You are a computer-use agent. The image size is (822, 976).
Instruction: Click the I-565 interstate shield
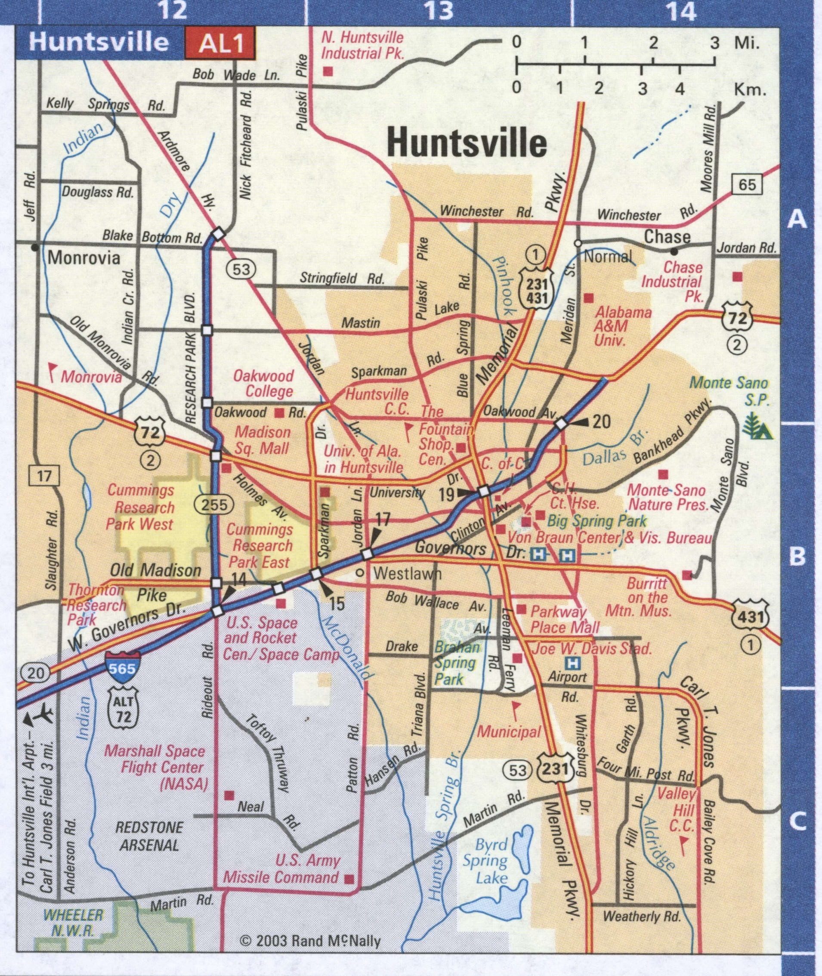[121, 669]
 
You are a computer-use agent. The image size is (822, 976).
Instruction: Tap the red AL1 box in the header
[221, 43]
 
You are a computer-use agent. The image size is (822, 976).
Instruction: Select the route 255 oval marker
[214, 504]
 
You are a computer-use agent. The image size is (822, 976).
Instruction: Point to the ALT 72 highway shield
[123, 710]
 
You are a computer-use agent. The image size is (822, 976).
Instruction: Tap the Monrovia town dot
[34, 247]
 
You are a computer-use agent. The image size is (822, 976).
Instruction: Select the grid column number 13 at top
[439, 10]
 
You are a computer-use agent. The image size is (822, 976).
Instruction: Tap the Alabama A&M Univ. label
[615, 326]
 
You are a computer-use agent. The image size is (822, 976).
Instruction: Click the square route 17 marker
[44, 476]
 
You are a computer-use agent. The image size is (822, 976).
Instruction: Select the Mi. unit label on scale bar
[747, 43]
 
